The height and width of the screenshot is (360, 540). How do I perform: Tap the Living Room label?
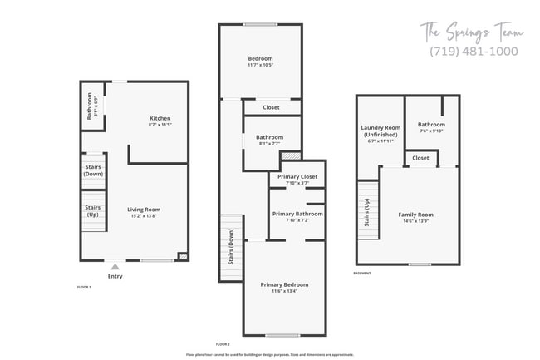(144, 213)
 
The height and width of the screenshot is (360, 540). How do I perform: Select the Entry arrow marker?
(115, 267)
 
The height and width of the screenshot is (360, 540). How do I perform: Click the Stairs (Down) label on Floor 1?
(93, 170)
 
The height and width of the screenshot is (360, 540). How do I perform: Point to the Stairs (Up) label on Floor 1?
(93, 211)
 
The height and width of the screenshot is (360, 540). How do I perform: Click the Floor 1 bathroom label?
(91, 106)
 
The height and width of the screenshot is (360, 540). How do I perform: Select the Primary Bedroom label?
(283, 288)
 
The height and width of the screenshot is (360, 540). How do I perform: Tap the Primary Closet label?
(297, 178)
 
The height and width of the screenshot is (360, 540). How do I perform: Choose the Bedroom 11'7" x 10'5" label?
(260, 61)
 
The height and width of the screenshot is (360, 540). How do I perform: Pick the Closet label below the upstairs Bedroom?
(271, 107)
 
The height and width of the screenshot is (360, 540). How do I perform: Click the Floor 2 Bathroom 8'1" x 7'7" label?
(269, 141)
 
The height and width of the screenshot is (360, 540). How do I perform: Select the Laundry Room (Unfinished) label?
(379, 134)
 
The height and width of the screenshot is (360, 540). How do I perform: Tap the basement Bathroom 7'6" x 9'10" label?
(431, 127)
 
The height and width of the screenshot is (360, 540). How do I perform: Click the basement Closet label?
(420, 158)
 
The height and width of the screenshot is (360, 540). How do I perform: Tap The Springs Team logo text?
(470, 32)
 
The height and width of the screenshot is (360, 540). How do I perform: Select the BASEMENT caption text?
(362, 273)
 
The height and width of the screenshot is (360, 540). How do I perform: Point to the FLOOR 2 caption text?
(223, 343)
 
